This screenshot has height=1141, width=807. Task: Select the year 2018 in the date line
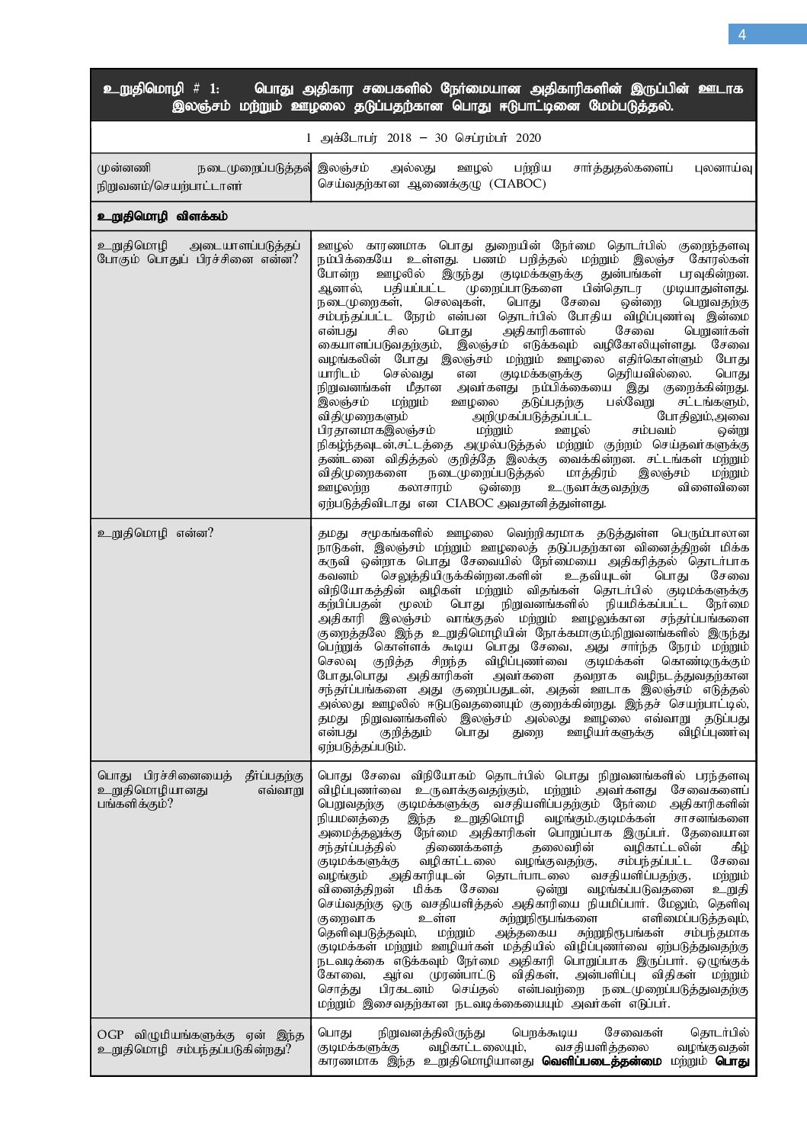tap(377, 138)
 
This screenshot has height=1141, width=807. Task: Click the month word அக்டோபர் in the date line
tap(338, 138)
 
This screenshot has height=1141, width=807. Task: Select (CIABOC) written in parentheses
tap(517, 185)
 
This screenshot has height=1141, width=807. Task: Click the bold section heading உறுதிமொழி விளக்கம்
tap(163, 217)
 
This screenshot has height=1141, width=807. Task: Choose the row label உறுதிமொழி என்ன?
tap(155, 533)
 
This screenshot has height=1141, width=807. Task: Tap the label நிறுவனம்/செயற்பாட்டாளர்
tap(169, 185)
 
